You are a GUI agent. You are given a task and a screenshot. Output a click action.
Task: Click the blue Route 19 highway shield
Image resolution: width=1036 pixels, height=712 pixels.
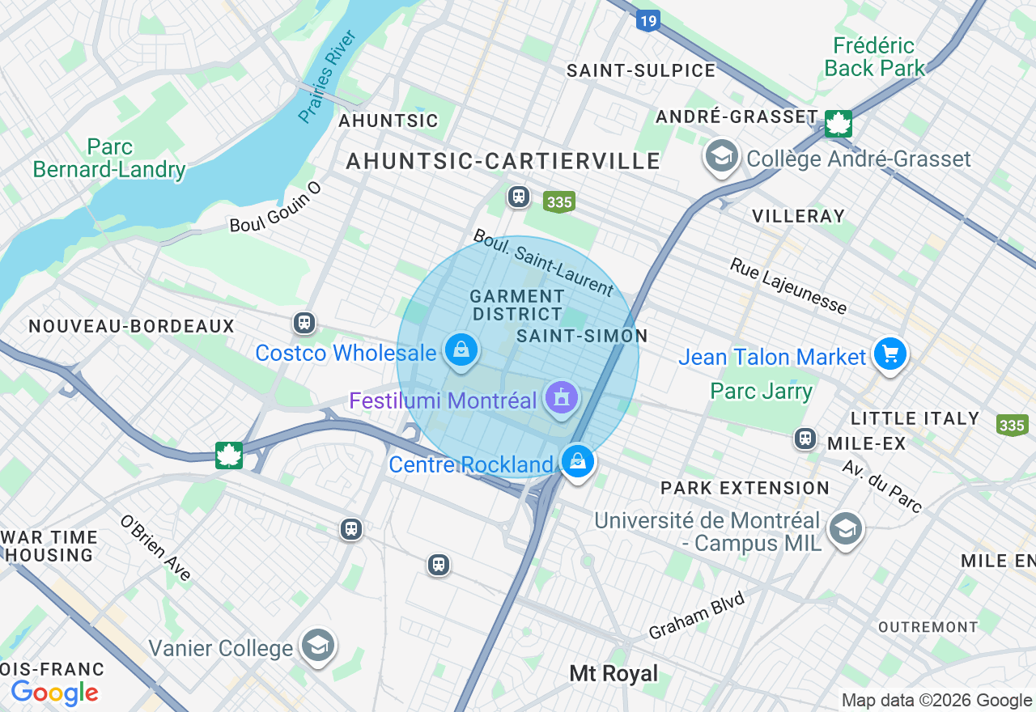647,19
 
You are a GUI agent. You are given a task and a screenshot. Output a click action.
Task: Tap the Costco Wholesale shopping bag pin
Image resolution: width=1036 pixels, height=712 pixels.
461,351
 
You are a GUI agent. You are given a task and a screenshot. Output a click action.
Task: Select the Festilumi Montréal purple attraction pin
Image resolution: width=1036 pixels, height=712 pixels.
562,398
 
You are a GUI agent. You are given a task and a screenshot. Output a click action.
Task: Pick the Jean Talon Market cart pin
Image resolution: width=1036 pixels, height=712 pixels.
890,354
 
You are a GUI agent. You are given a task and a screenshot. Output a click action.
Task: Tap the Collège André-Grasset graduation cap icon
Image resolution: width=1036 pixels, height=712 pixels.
720,156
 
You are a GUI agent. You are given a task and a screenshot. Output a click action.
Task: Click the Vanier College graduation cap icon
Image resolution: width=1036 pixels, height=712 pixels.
318,646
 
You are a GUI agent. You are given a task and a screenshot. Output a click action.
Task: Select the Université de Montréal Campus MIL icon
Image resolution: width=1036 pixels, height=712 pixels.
845,530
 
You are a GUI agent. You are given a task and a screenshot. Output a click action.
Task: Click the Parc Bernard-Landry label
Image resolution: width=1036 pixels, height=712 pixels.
109,159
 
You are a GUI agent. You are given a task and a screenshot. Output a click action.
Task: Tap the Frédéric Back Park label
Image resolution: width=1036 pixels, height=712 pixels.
874,57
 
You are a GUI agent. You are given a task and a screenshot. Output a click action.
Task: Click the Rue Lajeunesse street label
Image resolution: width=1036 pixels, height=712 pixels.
788,286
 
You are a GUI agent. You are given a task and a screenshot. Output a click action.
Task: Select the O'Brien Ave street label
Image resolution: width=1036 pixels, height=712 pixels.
155,548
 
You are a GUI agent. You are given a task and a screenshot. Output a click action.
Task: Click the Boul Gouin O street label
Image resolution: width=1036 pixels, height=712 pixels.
275,208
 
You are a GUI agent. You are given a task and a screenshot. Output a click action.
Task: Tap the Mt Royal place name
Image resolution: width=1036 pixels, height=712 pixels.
614,673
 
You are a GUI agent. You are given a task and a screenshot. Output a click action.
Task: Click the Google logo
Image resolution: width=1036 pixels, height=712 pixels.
54,693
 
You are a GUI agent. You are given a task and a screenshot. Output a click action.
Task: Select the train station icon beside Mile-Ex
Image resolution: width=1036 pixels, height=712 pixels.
805,439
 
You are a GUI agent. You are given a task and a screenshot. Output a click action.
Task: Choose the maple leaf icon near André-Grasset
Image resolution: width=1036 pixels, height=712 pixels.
839,124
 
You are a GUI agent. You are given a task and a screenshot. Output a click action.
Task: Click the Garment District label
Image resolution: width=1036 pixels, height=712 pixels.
516,305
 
